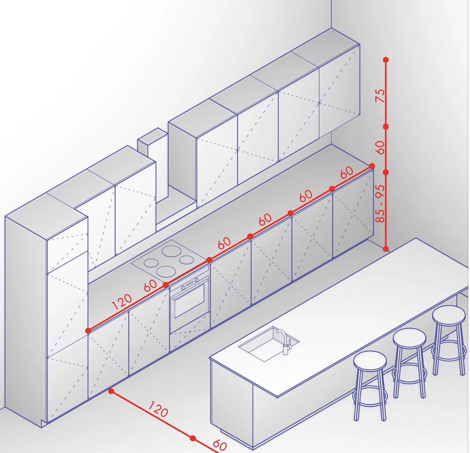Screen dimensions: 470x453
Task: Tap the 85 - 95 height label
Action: point(380,204)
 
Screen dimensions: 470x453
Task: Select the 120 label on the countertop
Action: point(122,302)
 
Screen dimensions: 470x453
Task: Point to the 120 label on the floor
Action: point(158,408)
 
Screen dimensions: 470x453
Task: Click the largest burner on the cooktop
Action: point(172,252)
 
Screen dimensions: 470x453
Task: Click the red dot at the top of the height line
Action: point(386,60)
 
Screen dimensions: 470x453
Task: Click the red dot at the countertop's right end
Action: point(372,166)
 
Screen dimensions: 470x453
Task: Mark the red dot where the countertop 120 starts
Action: point(88,330)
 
